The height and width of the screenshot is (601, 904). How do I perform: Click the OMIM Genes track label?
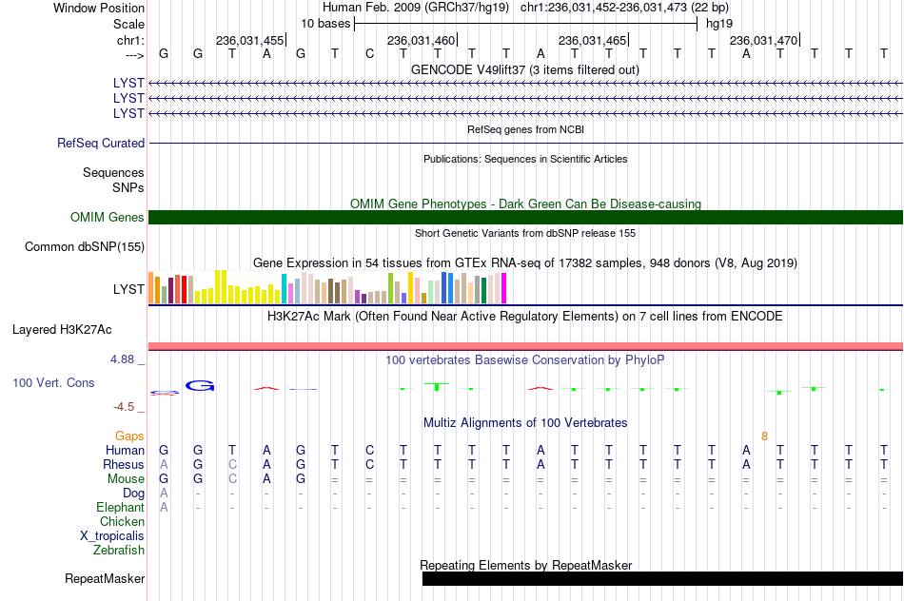point(108,217)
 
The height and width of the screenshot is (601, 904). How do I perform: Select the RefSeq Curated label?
point(101,143)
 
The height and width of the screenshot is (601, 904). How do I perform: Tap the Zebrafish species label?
point(119,551)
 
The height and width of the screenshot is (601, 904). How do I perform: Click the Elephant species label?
point(121,508)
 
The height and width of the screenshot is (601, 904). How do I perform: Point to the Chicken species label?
point(122,521)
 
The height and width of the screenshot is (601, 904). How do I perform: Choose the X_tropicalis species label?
point(112,536)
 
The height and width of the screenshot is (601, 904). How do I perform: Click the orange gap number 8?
point(764,436)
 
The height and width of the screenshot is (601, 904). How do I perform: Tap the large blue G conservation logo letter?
point(200,385)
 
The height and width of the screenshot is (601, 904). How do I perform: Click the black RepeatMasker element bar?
point(662,578)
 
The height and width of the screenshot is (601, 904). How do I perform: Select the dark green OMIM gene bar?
point(526,217)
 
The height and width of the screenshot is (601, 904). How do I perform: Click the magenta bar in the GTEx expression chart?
point(504,288)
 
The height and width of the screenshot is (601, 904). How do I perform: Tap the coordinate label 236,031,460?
point(422,40)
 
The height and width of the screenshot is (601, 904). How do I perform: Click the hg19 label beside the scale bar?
point(719,24)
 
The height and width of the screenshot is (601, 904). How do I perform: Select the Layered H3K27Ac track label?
point(62,330)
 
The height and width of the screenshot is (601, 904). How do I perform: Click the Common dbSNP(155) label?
point(85,246)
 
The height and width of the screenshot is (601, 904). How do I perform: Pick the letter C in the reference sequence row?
point(369,53)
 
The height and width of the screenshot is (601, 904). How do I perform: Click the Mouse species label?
point(126,479)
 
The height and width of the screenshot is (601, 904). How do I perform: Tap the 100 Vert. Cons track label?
point(53,382)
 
